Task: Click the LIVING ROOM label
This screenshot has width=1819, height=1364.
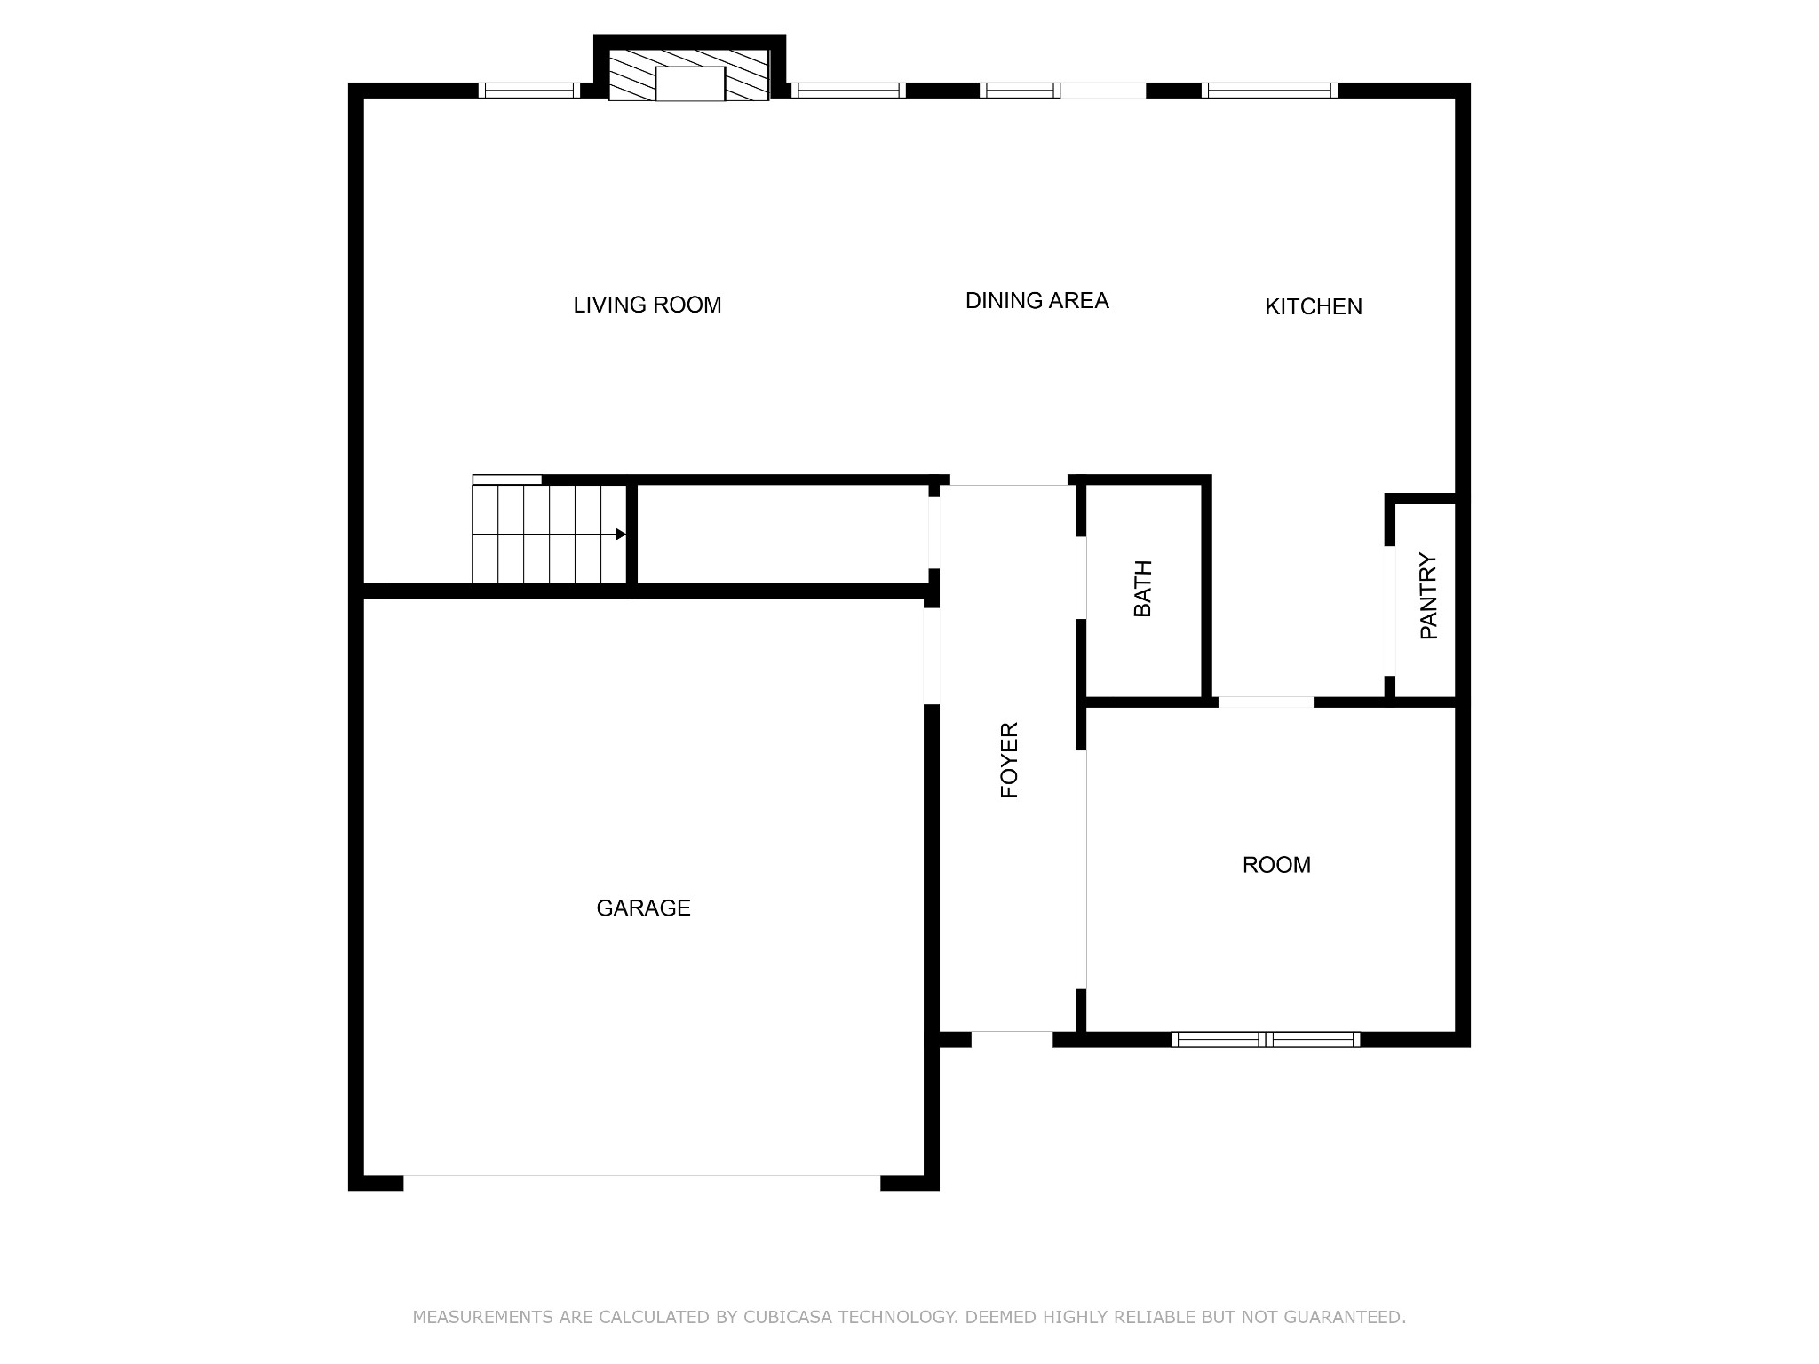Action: (647, 305)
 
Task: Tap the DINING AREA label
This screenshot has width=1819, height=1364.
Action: (1037, 301)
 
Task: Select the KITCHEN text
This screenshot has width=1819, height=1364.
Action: (1313, 306)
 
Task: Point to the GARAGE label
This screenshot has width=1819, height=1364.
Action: (643, 908)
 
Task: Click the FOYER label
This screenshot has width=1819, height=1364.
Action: (1009, 760)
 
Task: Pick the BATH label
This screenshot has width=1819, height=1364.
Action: (1143, 589)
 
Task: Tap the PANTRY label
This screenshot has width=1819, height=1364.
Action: (1428, 596)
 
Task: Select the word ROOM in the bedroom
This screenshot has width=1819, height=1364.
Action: (1276, 865)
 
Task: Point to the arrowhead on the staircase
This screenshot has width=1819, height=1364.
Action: (621, 535)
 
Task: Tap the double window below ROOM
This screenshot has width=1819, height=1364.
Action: (1266, 1039)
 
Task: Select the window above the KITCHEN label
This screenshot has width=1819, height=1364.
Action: (1269, 90)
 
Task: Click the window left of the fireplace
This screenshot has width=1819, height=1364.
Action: (528, 90)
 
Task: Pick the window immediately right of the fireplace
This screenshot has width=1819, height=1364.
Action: (848, 90)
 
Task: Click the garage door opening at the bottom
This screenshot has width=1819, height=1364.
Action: (641, 1181)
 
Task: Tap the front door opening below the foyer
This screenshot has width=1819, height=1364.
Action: (1012, 1037)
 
